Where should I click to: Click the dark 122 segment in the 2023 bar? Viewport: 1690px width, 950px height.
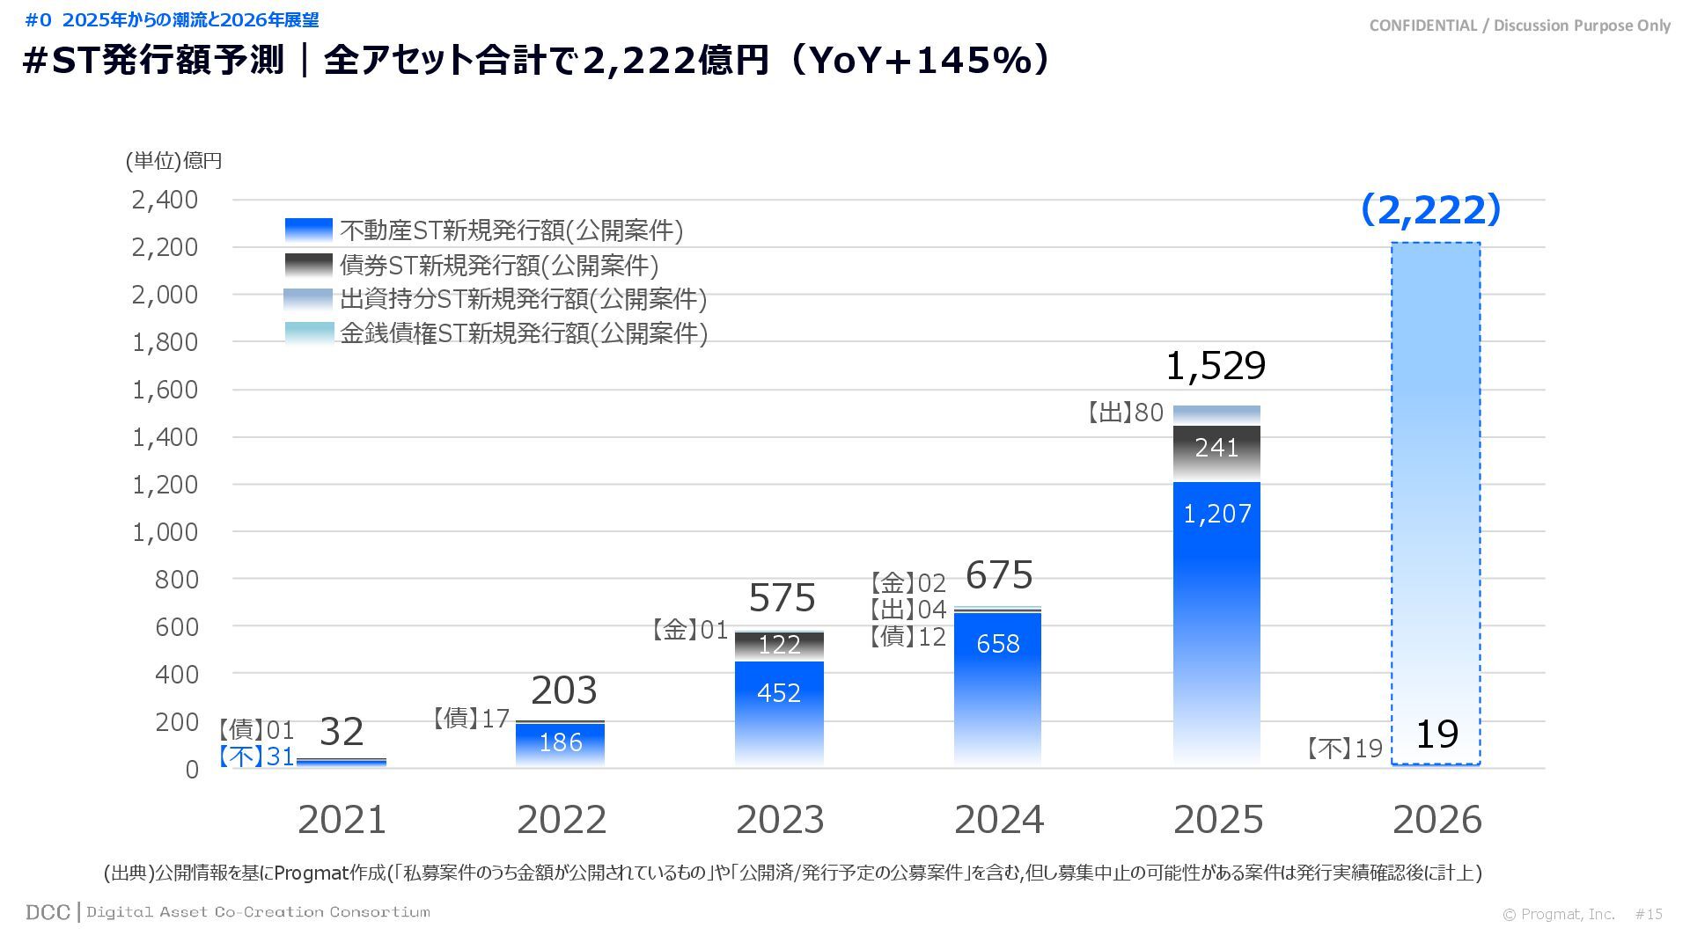coord(779,646)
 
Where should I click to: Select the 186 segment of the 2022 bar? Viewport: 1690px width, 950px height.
coord(561,743)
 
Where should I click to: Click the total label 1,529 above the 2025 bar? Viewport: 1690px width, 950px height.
coord(1216,365)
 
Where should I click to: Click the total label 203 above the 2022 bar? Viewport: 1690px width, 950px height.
coord(564,691)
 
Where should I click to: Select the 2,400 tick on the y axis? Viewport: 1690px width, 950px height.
coord(165,200)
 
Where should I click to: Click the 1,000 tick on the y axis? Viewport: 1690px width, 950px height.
coord(165,532)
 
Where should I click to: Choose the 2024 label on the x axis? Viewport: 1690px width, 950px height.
coord(999,820)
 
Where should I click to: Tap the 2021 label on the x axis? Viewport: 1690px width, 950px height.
coord(342,820)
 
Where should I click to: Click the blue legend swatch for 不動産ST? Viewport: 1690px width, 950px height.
coord(309,230)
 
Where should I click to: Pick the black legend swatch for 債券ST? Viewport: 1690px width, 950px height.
coord(309,265)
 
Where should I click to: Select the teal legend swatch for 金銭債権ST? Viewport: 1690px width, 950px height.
coord(309,332)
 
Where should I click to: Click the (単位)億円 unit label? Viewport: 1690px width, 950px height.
coord(173,160)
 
